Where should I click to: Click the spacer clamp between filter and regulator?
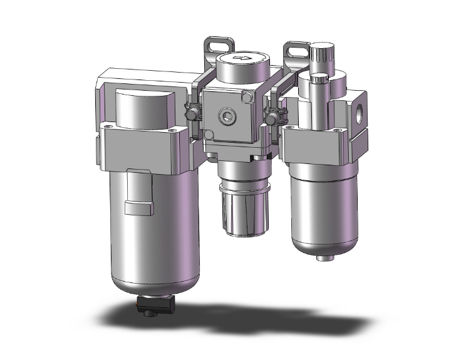194,115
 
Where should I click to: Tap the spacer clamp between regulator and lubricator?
273,116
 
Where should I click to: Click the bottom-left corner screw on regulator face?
209,134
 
